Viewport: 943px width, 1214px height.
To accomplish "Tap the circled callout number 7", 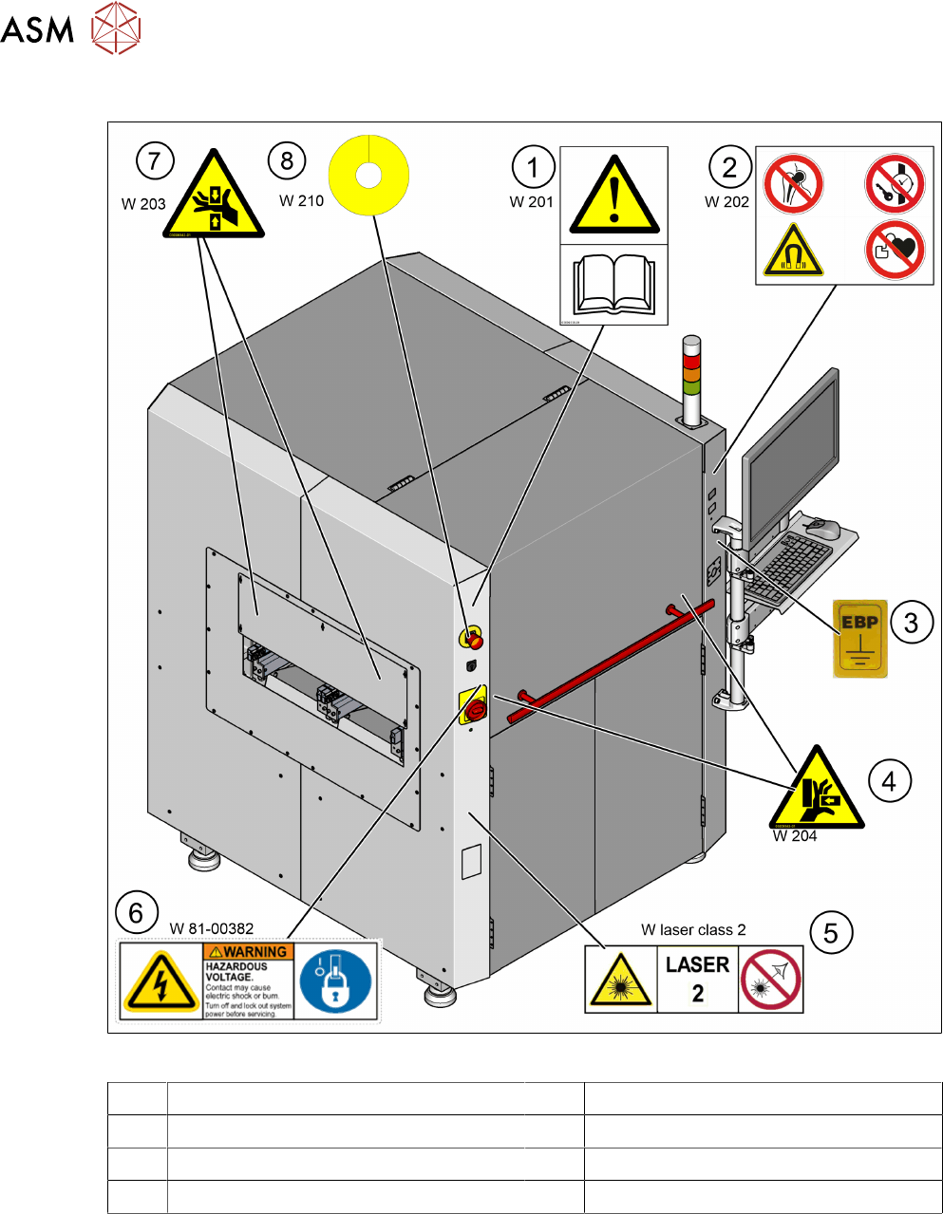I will pos(155,160).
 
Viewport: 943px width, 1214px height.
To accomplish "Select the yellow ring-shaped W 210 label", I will pos(368,175).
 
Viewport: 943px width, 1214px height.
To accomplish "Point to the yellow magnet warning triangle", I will pos(793,251).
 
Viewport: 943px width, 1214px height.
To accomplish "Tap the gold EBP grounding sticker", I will pos(859,637).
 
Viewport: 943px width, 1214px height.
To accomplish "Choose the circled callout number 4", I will pos(889,781).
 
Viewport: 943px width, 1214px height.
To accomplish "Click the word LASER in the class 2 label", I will pos(697,965).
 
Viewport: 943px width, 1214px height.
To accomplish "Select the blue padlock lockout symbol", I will pos(335,981).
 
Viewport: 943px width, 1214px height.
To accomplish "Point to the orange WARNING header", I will pos(249,951).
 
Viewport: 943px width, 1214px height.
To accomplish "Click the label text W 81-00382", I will pos(212,928).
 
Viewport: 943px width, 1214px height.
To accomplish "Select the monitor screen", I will pos(791,441).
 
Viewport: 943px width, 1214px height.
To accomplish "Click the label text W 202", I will pos(726,201).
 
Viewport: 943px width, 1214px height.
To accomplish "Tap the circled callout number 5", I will pos(830,933).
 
